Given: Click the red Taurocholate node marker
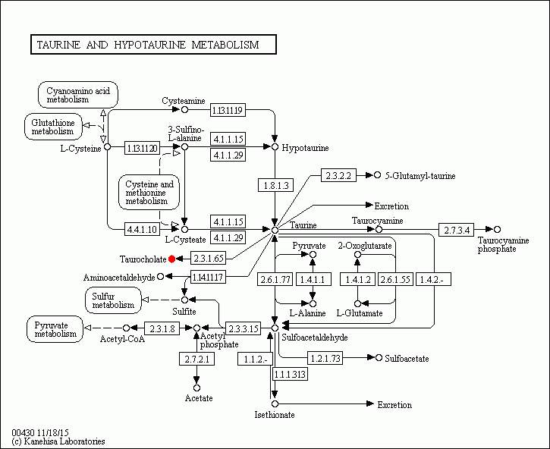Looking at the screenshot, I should pos(172,259).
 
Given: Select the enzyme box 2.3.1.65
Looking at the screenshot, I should pos(208,259).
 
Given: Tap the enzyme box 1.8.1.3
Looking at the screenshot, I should pos(275,184).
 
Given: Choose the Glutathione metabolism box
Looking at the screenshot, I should pos(52,126).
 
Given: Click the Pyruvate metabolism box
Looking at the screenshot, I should pos(55,329).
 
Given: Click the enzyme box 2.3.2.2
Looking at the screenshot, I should pos(339,175).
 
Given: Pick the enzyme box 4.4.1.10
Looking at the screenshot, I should pos(143,228).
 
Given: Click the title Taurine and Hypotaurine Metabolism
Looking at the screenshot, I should pos(152,46).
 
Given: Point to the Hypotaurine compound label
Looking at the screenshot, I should pos(305,148).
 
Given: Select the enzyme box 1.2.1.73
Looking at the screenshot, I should pos(325,357).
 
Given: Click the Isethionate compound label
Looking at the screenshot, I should pos(275,415).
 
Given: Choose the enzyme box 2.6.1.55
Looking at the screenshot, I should pos(394,280).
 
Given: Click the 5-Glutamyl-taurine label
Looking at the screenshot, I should pos(420,176).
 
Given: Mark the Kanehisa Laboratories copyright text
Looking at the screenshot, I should pos(58,441).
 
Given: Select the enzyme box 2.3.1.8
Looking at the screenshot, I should pos(162,328).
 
